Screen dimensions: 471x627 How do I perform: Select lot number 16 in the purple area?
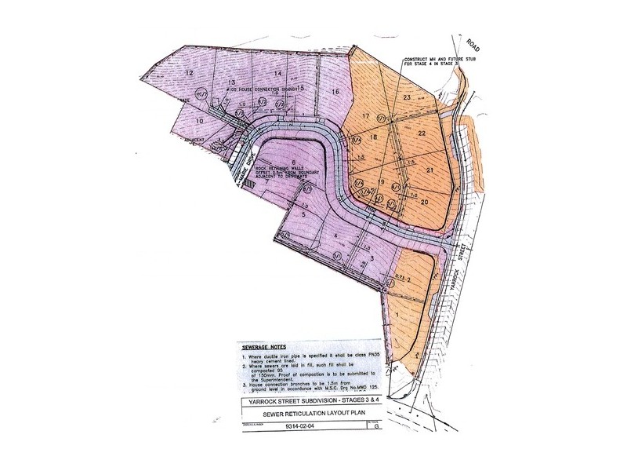[335, 93]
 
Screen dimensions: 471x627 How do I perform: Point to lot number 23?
[408, 97]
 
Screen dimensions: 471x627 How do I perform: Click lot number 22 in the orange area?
[422, 133]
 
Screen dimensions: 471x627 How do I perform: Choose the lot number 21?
[429, 170]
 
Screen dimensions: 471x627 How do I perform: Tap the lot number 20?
[424, 202]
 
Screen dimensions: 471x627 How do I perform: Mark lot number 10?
[199, 121]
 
